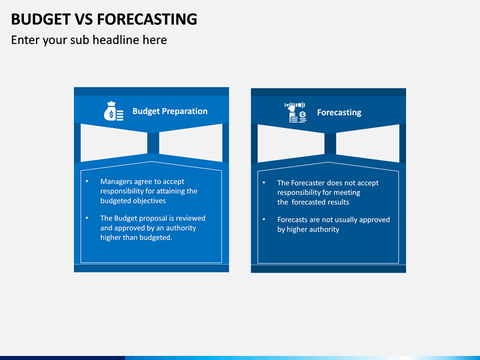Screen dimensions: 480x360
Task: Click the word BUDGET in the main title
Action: (x=41, y=19)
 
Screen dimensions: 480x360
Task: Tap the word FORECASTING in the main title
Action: (x=147, y=19)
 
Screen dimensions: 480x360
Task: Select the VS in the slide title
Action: (x=84, y=19)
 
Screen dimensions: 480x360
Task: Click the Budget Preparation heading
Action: (x=170, y=111)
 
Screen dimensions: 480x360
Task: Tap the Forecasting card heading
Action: (x=339, y=113)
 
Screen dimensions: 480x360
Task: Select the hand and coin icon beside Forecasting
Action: (x=295, y=113)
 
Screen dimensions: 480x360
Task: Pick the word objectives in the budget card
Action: (x=149, y=201)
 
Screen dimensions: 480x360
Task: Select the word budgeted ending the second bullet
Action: (x=157, y=237)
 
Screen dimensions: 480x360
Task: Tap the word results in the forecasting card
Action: (x=339, y=203)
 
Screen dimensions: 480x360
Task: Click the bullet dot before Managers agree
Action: (x=87, y=181)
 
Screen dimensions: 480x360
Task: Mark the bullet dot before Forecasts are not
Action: (x=264, y=219)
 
